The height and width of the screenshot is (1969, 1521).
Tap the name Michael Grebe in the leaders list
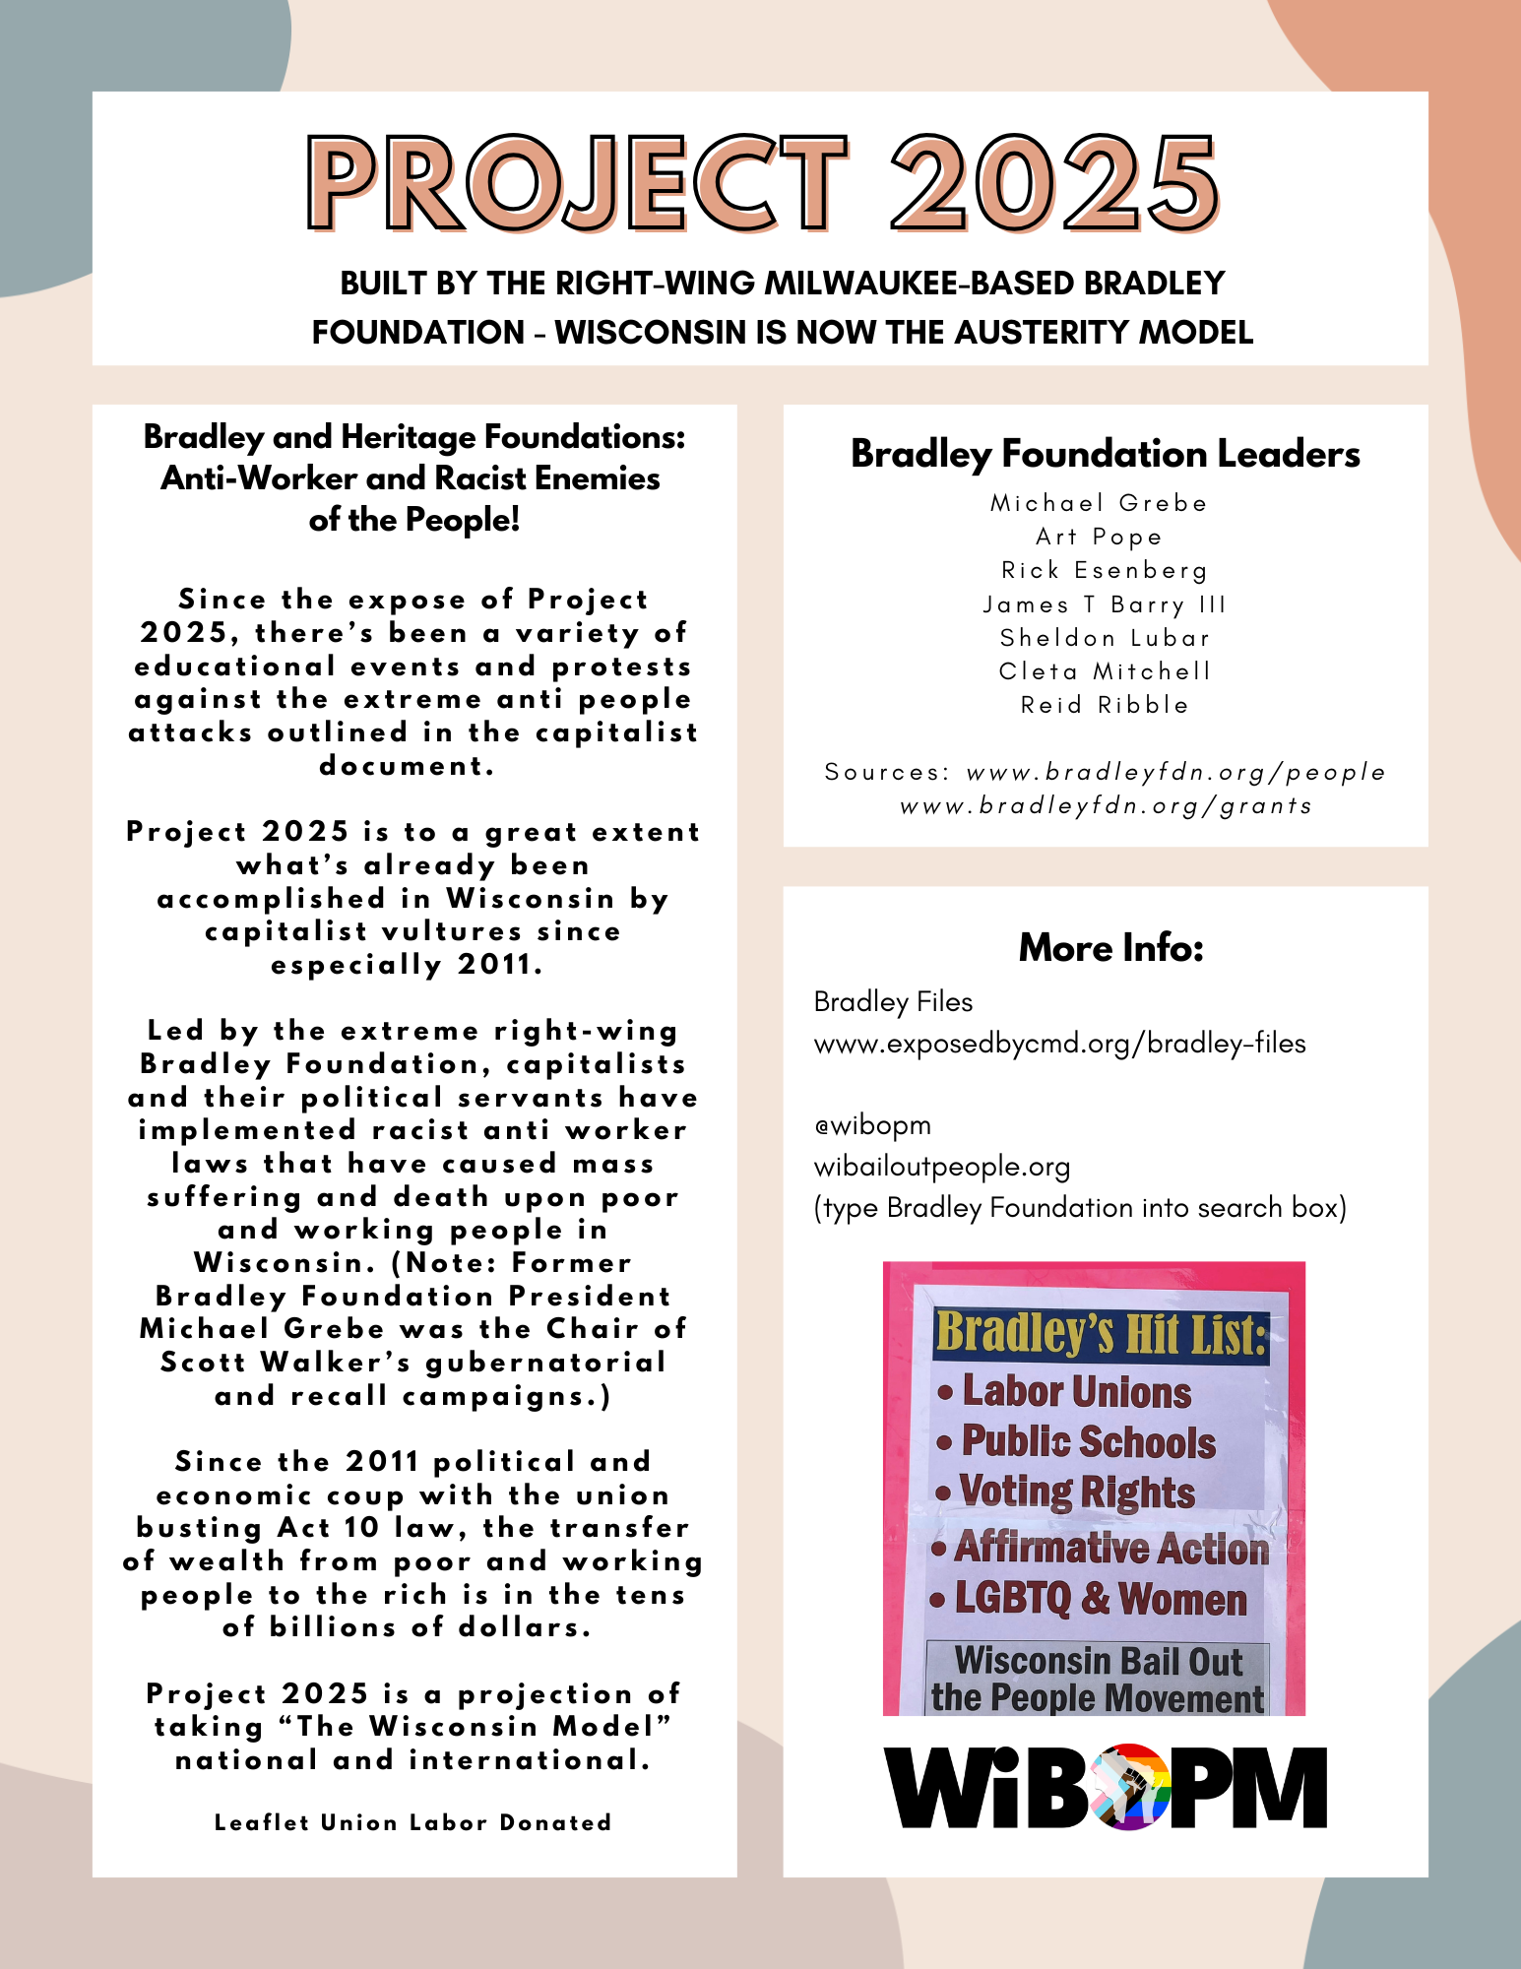click(x=1099, y=503)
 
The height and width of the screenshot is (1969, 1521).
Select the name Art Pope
click(x=1099, y=537)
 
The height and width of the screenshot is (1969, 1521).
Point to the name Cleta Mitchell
click(x=1105, y=671)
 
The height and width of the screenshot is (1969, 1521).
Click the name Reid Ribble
click(x=1105, y=705)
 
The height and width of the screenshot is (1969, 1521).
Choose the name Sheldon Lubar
click(x=1105, y=638)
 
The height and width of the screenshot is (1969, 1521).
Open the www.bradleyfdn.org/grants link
click(x=1106, y=806)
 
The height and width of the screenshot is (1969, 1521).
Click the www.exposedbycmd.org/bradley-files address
click(x=1059, y=1044)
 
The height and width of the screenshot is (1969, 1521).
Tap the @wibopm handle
click(x=872, y=1125)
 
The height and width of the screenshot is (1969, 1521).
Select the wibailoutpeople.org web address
click(x=941, y=1167)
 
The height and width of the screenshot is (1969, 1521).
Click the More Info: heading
click(x=1110, y=947)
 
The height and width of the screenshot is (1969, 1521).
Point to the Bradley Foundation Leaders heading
click(x=1105, y=454)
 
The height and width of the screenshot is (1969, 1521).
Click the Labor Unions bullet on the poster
click(x=1075, y=1392)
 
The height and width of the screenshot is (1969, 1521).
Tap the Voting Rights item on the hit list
click(x=1077, y=1492)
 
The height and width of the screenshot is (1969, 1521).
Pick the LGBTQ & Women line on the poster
click(x=1100, y=1598)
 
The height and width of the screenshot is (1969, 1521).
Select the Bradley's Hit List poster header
click(x=1100, y=1334)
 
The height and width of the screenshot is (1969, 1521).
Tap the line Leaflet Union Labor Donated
click(x=413, y=1822)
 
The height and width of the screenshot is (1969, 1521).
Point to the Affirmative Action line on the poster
click(x=1111, y=1548)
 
